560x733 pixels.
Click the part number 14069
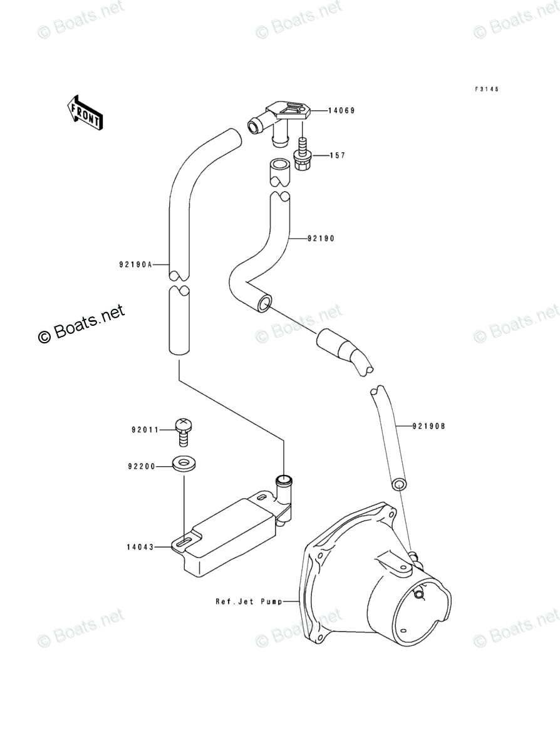343,111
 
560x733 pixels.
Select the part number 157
338,155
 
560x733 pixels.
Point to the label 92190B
428,427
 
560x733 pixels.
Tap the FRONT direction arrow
85,112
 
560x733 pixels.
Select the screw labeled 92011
183,430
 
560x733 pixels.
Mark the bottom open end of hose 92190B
399,484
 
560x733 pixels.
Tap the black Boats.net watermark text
81,323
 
